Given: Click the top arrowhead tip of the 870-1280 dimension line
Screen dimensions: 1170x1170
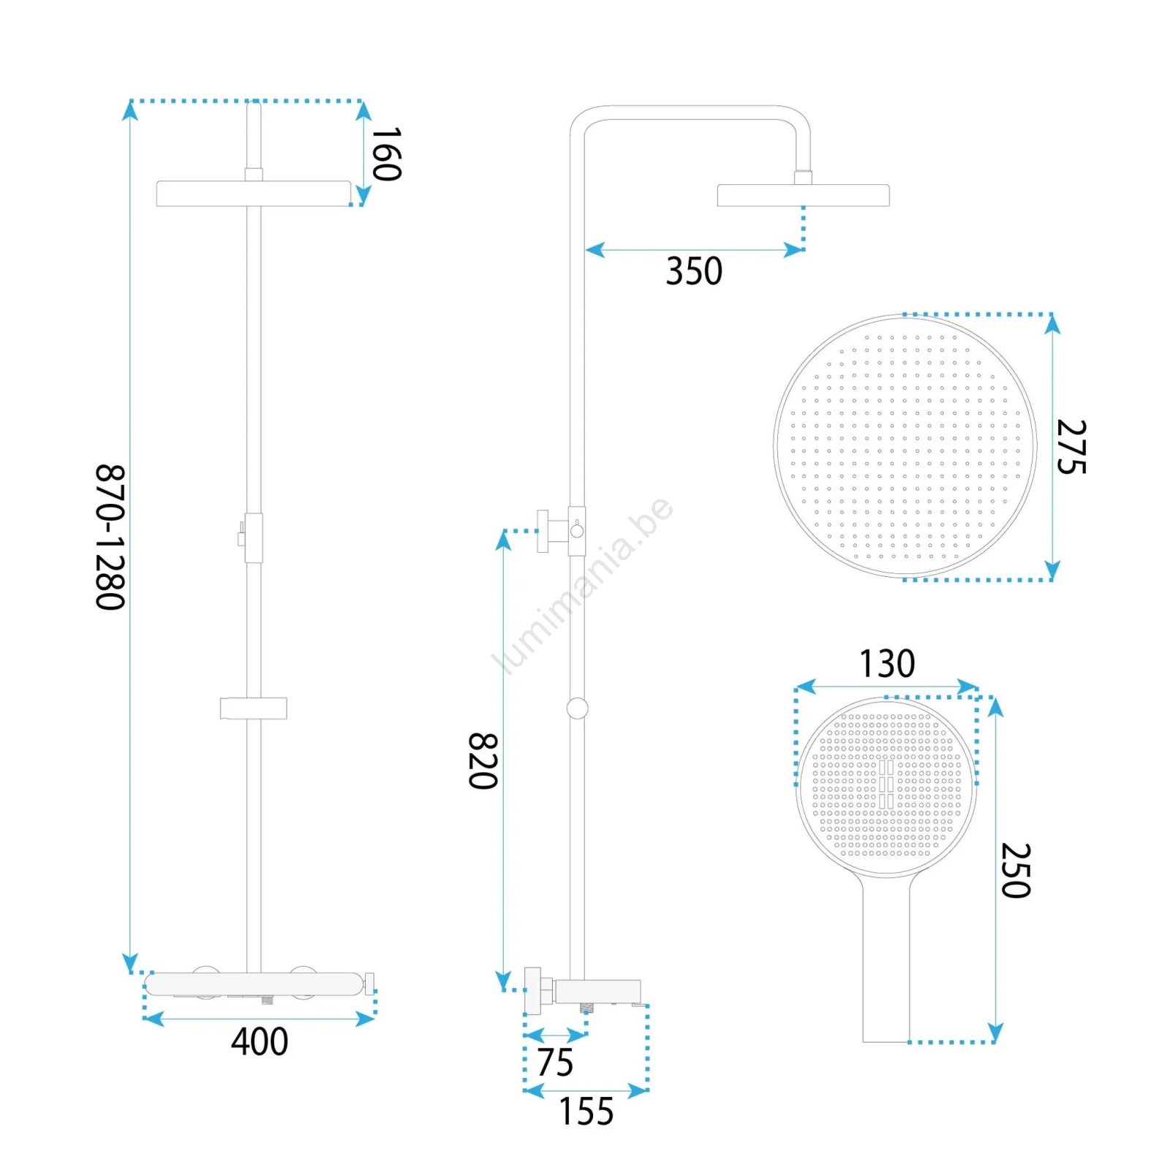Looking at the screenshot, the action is (130, 102).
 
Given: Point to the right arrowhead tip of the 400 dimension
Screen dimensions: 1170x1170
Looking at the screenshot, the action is (375, 1019).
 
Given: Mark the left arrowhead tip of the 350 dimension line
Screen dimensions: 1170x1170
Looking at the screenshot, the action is (586, 250).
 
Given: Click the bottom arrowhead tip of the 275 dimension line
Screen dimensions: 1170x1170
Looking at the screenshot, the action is (1052, 580).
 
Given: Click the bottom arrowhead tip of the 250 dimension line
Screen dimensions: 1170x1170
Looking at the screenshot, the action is (995, 1041).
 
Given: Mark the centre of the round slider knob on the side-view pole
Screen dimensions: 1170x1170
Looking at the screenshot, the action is (577, 708).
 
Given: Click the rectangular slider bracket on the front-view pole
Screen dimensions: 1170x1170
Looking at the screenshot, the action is (253, 708).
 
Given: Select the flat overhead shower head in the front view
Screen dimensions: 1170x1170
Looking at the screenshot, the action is (254, 194).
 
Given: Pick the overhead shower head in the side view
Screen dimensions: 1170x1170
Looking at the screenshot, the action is (803, 195).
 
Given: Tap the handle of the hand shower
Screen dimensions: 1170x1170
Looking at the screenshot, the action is (886, 958).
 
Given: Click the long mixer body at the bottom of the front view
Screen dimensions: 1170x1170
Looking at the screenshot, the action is (254, 984).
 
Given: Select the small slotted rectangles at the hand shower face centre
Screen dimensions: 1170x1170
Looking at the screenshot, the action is (886, 784).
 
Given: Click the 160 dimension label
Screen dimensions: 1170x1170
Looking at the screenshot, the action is (387, 154).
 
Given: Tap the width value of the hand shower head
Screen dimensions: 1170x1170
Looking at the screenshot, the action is (886, 663).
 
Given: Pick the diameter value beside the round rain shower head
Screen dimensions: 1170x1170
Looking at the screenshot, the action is (1071, 447).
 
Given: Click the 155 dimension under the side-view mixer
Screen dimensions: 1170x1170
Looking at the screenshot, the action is (586, 1111).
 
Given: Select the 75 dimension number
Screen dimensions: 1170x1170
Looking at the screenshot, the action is (555, 1063).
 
